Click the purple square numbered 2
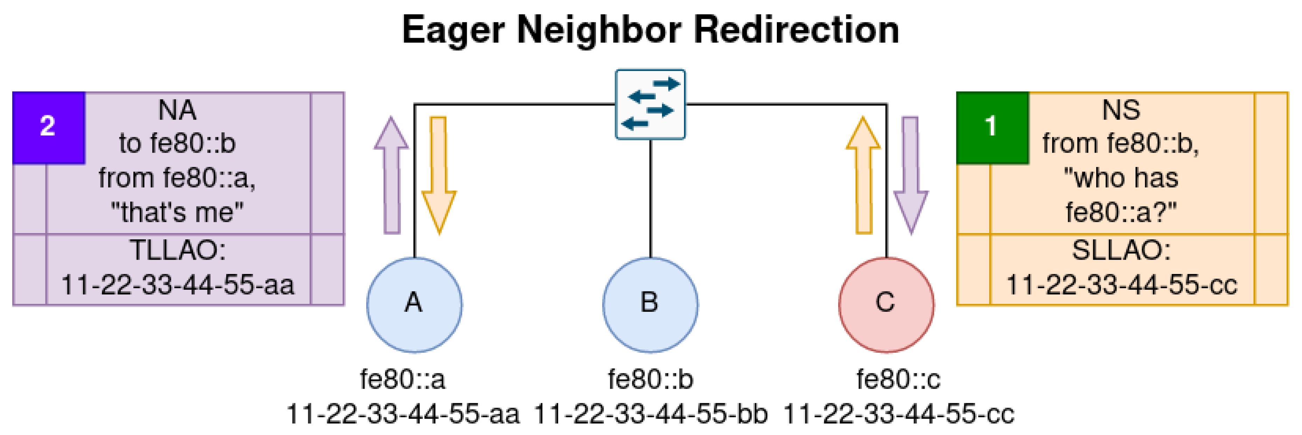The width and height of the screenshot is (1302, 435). (x=49, y=127)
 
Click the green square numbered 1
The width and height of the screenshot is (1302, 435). (x=992, y=127)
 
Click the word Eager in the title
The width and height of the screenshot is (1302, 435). (x=453, y=30)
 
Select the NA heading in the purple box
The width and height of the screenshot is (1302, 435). (x=177, y=110)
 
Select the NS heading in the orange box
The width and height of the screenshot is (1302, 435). (x=1121, y=110)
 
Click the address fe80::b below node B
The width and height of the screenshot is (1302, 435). (x=650, y=379)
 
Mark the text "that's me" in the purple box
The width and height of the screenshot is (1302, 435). (x=177, y=212)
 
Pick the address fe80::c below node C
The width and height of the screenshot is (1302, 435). (x=898, y=379)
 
